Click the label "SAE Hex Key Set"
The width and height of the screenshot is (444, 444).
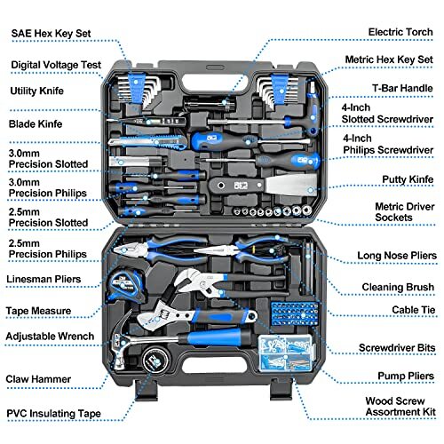[x=52, y=33]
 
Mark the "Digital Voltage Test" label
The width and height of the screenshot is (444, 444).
[x=55, y=65]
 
